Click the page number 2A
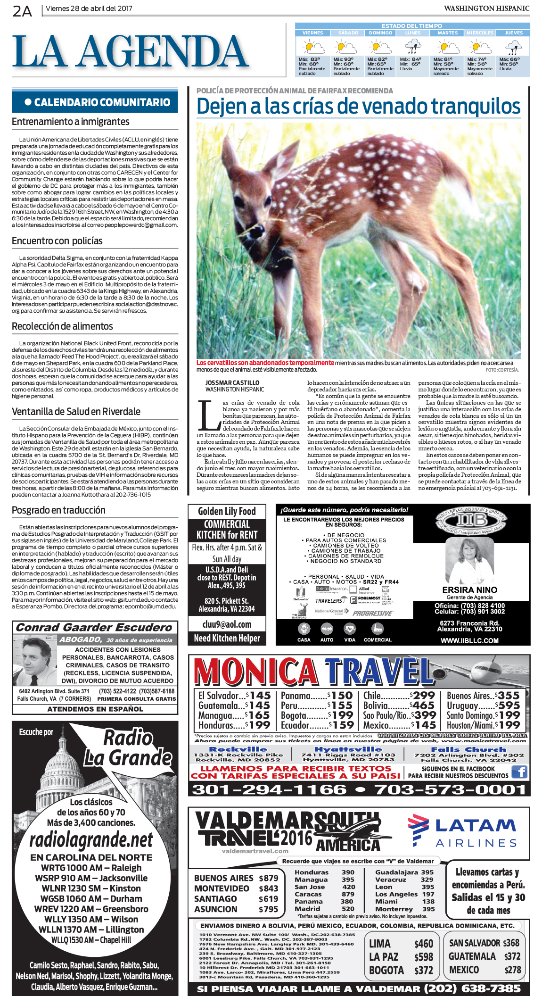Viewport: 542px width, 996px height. (22, 10)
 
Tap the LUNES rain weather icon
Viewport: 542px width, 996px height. (413, 47)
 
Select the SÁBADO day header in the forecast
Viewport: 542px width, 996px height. (348, 33)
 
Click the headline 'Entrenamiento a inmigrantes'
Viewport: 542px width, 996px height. (71, 122)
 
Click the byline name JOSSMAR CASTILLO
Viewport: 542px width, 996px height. (232, 382)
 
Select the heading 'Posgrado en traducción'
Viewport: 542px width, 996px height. (58, 510)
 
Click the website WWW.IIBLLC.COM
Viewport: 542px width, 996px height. (469, 640)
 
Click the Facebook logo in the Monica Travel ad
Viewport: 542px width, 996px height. (519, 772)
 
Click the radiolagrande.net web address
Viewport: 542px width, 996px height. (91, 839)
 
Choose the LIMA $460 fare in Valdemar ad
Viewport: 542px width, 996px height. (401, 944)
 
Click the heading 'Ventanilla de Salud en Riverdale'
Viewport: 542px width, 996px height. (76, 412)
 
